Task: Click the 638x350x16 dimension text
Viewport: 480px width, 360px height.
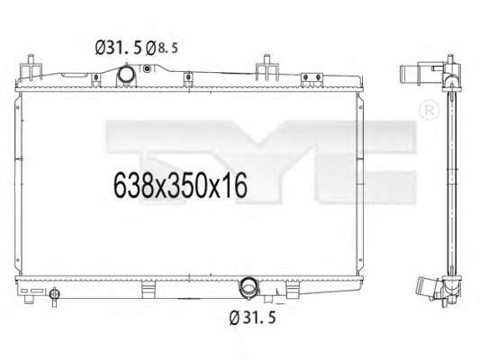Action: pyautogui.click(x=180, y=185)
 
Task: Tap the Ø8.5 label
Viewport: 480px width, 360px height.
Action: pyautogui.click(x=161, y=48)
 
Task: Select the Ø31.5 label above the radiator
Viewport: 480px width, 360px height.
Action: pyautogui.click(x=119, y=48)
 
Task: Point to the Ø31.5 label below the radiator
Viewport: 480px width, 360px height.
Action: pyautogui.click(x=252, y=317)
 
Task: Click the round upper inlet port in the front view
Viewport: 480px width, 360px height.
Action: pyautogui.click(x=125, y=74)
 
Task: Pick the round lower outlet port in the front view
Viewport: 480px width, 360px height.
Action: pyautogui.click(x=249, y=285)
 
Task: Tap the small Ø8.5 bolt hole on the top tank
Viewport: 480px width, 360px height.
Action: pyautogui.click(x=148, y=68)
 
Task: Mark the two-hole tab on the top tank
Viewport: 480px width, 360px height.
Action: pyautogui.click(x=312, y=77)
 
